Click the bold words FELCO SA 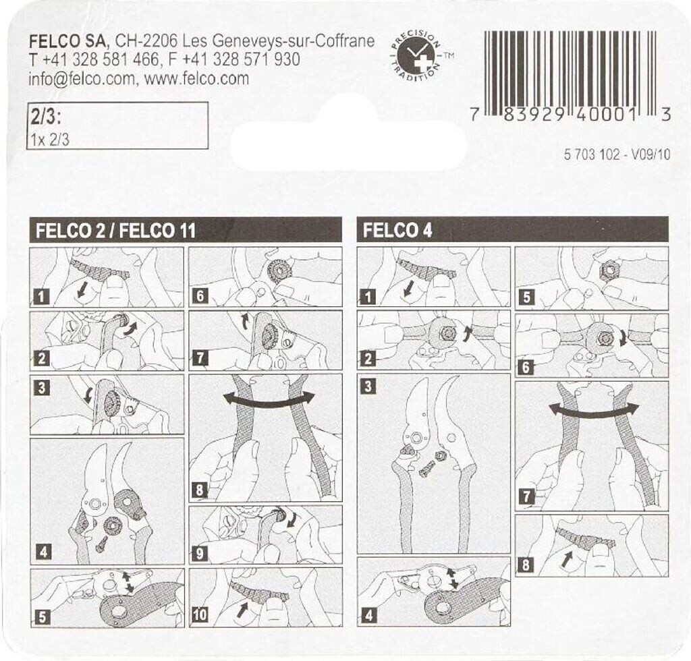pos(68,41)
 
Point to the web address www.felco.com pos(196,78)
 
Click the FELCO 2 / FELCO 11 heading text pos(115,231)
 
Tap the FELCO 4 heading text pos(397,230)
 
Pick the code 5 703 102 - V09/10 pos(617,154)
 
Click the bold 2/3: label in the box pos(45,117)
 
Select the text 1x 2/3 pos(50,140)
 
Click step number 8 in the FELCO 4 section pos(526,565)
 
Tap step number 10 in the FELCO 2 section pos(200,614)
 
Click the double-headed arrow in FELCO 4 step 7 pos(594,409)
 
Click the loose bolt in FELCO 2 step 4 pos(100,542)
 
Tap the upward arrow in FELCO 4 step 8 pos(568,560)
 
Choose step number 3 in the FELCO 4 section pos(368,386)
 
